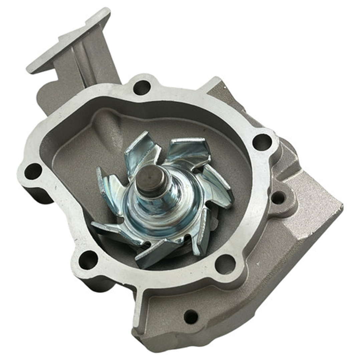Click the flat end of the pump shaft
(x=151, y=176)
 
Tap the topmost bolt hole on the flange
(x=141, y=88)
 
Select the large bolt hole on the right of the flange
(x=262, y=142)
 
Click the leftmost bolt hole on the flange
(x=33, y=171)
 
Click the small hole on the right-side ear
(x=278, y=198)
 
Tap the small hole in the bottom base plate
(x=191, y=316)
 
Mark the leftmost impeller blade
(x=106, y=190)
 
